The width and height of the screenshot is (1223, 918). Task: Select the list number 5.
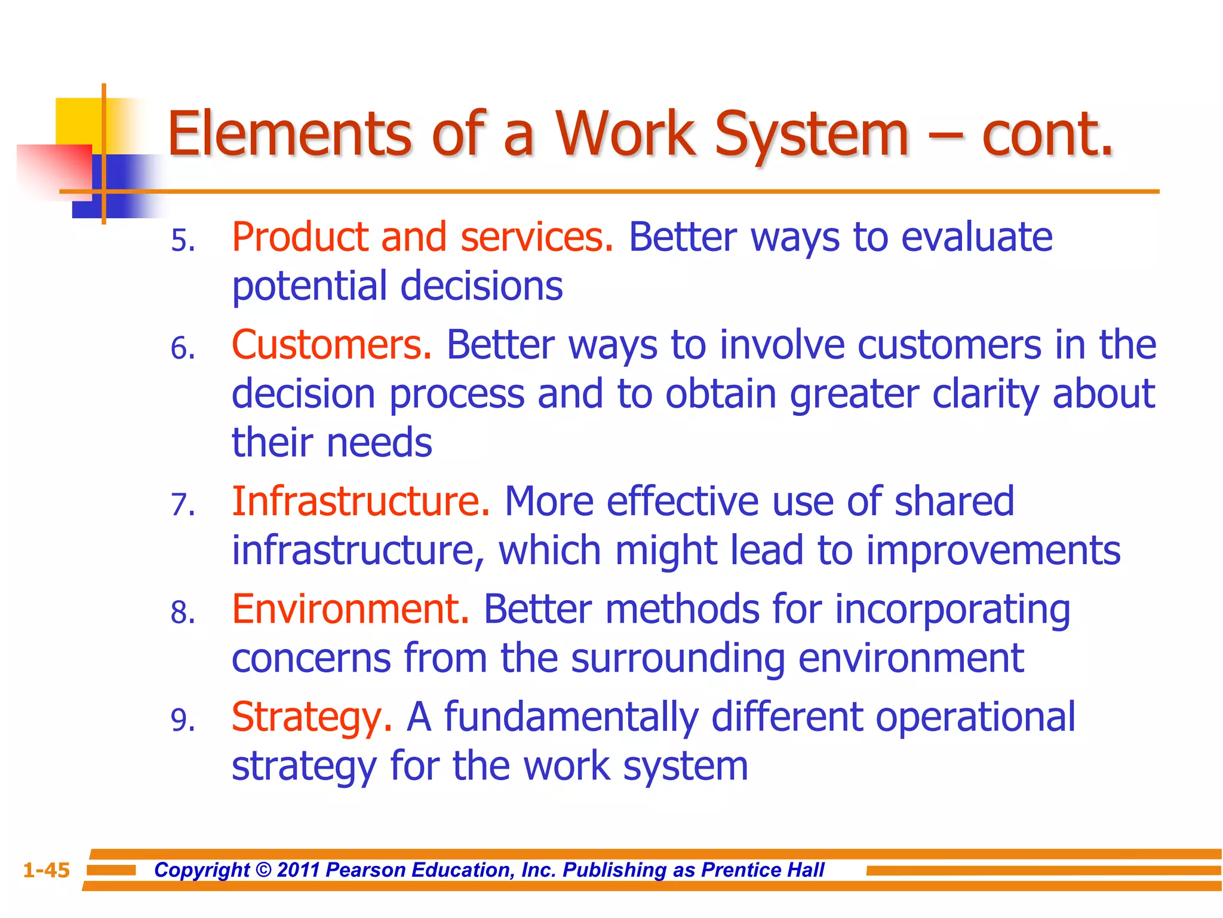pos(182,241)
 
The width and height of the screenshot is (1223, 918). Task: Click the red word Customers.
pos(331,345)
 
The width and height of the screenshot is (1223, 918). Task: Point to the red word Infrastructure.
pos(360,501)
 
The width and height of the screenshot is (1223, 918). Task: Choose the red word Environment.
pos(350,610)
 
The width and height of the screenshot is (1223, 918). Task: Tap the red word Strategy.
pos(311,718)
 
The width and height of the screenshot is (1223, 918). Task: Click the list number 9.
pos(182,721)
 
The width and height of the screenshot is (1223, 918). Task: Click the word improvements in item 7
pos(993,550)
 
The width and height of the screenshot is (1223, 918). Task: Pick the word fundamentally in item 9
pos(571,717)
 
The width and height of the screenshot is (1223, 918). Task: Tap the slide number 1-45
pos(47,870)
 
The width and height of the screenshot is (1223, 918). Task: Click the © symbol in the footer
pos(263,870)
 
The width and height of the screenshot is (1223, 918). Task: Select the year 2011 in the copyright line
pos(299,870)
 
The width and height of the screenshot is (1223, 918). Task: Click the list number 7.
pos(182,505)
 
